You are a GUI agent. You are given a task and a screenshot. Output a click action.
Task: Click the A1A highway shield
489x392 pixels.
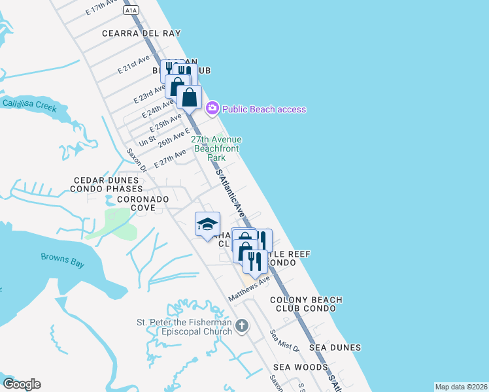click(x=131, y=10)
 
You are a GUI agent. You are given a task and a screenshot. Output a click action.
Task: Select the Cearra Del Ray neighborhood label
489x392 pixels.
click(x=141, y=33)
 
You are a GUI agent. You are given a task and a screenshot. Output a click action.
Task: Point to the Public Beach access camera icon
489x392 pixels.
click(x=212, y=108)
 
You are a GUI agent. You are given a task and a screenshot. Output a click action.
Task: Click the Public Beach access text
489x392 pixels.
click(x=264, y=109)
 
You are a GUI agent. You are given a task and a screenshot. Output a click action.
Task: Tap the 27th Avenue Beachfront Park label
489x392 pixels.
click(x=216, y=148)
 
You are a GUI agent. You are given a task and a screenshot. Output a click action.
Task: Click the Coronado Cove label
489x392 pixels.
click(x=143, y=203)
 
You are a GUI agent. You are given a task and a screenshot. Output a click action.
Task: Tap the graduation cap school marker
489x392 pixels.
click(x=207, y=224)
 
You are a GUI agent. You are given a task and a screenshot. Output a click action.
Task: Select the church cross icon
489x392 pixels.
click(x=242, y=325)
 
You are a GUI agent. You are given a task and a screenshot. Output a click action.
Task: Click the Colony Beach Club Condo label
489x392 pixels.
click(x=307, y=304)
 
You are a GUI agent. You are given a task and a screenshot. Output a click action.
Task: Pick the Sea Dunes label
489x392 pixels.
click(x=335, y=348)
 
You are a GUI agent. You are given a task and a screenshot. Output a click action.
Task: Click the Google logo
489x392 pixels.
click(x=22, y=384)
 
